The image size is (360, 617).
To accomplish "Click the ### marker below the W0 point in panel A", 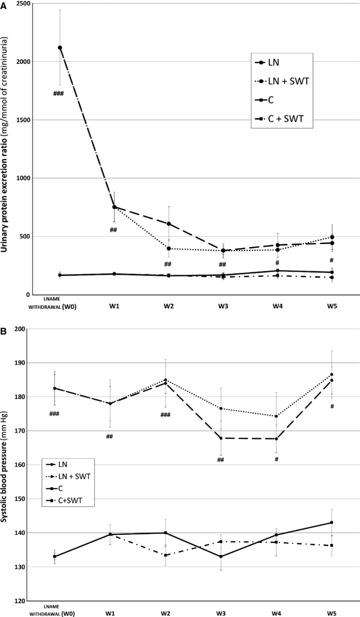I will [58, 93].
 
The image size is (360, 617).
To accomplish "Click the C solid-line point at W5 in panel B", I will [332, 523].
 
